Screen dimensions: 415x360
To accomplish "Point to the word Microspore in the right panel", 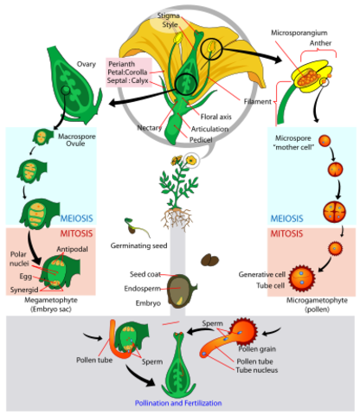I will [292, 137].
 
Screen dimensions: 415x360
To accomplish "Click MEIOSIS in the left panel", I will [85, 217].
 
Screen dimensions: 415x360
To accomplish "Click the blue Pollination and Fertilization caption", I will [177, 403].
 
